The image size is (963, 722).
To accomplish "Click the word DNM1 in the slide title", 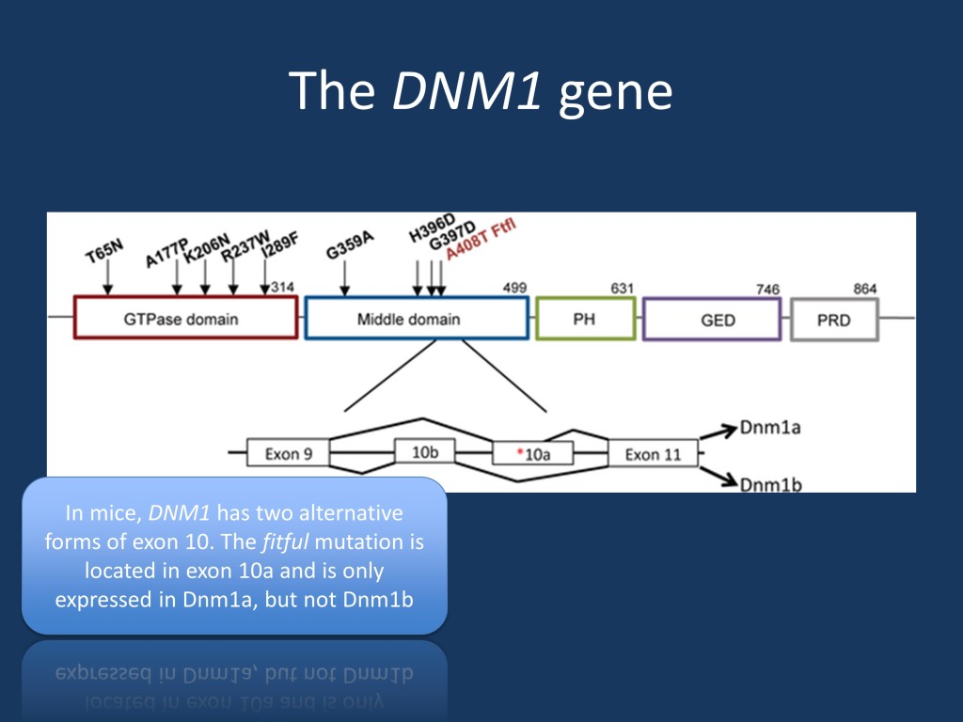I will (x=466, y=91).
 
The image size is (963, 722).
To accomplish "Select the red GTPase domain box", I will (x=185, y=318).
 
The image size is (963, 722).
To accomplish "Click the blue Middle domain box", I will (x=417, y=319).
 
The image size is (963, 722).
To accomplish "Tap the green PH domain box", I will (x=585, y=319).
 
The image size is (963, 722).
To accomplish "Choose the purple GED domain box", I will (x=712, y=320).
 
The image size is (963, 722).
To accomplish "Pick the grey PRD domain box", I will (x=834, y=320).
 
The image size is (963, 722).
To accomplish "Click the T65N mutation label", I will (x=104, y=252).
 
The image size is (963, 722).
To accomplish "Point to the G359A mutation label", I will (x=350, y=246).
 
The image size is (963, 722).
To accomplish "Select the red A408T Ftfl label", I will (x=481, y=239).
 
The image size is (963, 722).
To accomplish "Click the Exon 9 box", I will (x=288, y=453).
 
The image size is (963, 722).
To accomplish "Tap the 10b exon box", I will (x=425, y=452).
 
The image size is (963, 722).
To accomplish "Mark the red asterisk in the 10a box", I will (x=520, y=454).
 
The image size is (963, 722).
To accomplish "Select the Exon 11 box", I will (x=653, y=454).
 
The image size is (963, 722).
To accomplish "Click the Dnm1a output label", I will (x=770, y=427).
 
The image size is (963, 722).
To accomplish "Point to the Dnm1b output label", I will (x=770, y=483).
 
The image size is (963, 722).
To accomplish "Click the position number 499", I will (x=514, y=287).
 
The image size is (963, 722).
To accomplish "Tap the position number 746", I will (x=767, y=289).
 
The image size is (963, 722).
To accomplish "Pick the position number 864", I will (x=865, y=287).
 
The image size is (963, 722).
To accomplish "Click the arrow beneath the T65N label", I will (x=108, y=279).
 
